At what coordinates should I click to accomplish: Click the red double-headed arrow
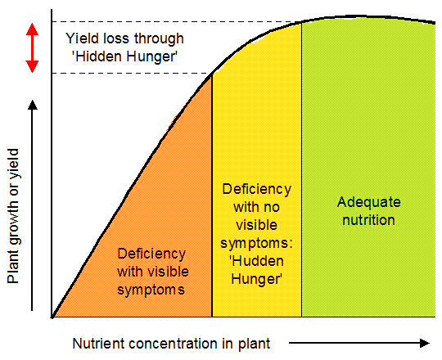pyautogui.click(x=32, y=47)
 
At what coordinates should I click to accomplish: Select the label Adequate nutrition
pyautogui.click(x=366, y=211)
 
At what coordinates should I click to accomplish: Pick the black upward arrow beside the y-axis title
pyautogui.click(x=32, y=205)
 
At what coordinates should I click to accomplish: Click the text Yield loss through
pyautogui.click(x=124, y=38)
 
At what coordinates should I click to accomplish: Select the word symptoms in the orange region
pyautogui.click(x=151, y=289)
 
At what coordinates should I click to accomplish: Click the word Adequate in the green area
pyautogui.click(x=366, y=203)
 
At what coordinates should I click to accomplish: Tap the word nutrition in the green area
pyautogui.click(x=366, y=220)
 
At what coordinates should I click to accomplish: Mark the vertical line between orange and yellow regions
pyautogui.click(x=212, y=196)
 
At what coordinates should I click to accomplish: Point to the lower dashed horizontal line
pyautogui.click(x=123, y=74)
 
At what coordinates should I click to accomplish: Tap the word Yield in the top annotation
pyautogui.click(x=80, y=38)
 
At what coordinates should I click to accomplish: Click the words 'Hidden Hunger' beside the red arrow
pyautogui.click(x=124, y=56)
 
